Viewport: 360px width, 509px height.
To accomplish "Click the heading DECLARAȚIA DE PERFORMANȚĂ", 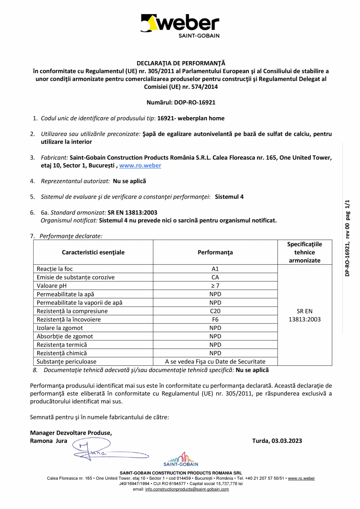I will tap(181, 63).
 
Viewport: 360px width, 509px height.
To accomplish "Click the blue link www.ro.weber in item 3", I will tap(140, 166).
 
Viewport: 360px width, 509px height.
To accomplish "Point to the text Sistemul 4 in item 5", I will tap(229, 197).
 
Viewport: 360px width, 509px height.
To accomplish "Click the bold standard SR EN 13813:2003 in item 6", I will tap(132, 213).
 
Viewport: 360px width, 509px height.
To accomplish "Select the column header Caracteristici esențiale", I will tap(93, 253).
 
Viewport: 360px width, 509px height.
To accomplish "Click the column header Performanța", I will tap(215, 253).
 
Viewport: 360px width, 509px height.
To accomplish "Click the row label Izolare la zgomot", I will tap(60, 328).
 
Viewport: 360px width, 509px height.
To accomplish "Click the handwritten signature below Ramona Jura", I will tap(110, 451).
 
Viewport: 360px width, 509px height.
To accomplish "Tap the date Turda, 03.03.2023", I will tap(277, 440).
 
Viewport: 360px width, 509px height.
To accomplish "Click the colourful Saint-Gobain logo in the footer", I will tap(181, 459).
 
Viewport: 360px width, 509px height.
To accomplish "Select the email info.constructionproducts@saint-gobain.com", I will tap(187, 489).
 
